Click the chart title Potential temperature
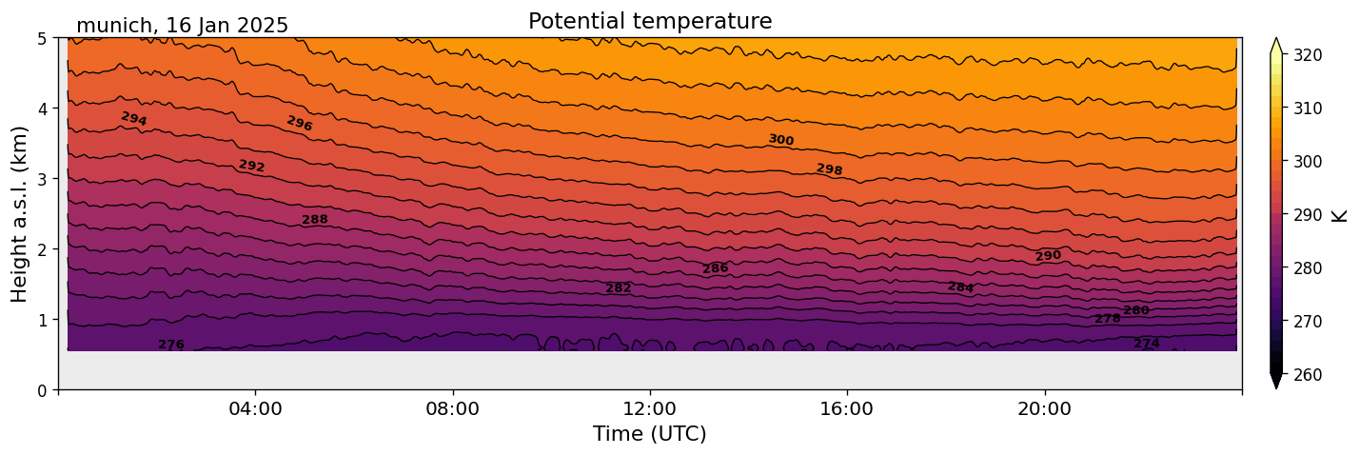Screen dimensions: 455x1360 click(650, 21)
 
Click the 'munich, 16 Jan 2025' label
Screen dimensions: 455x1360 click(182, 26)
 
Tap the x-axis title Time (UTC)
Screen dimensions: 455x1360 click(650, 434)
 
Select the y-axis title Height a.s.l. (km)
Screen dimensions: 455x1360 click(20, 213)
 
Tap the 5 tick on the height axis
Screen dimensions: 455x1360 click(42, 38)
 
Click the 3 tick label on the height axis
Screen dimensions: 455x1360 click(42, 179)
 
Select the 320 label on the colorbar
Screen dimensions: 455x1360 click(1307, 55)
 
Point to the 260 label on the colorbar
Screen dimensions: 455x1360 click(1307, 375)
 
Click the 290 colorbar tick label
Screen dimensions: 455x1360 click(1307, 215)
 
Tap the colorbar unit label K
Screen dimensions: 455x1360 click(1340, 214)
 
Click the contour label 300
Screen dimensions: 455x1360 click(780, 140)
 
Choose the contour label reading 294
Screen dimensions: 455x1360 click(134, 118)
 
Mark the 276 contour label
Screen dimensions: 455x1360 click(171, 345)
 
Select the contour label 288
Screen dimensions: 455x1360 click(315, 220)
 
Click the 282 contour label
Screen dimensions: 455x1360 click(619, 288)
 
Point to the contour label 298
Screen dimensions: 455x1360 click(829, 169)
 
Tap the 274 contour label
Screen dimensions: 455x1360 click(1147, 344)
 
